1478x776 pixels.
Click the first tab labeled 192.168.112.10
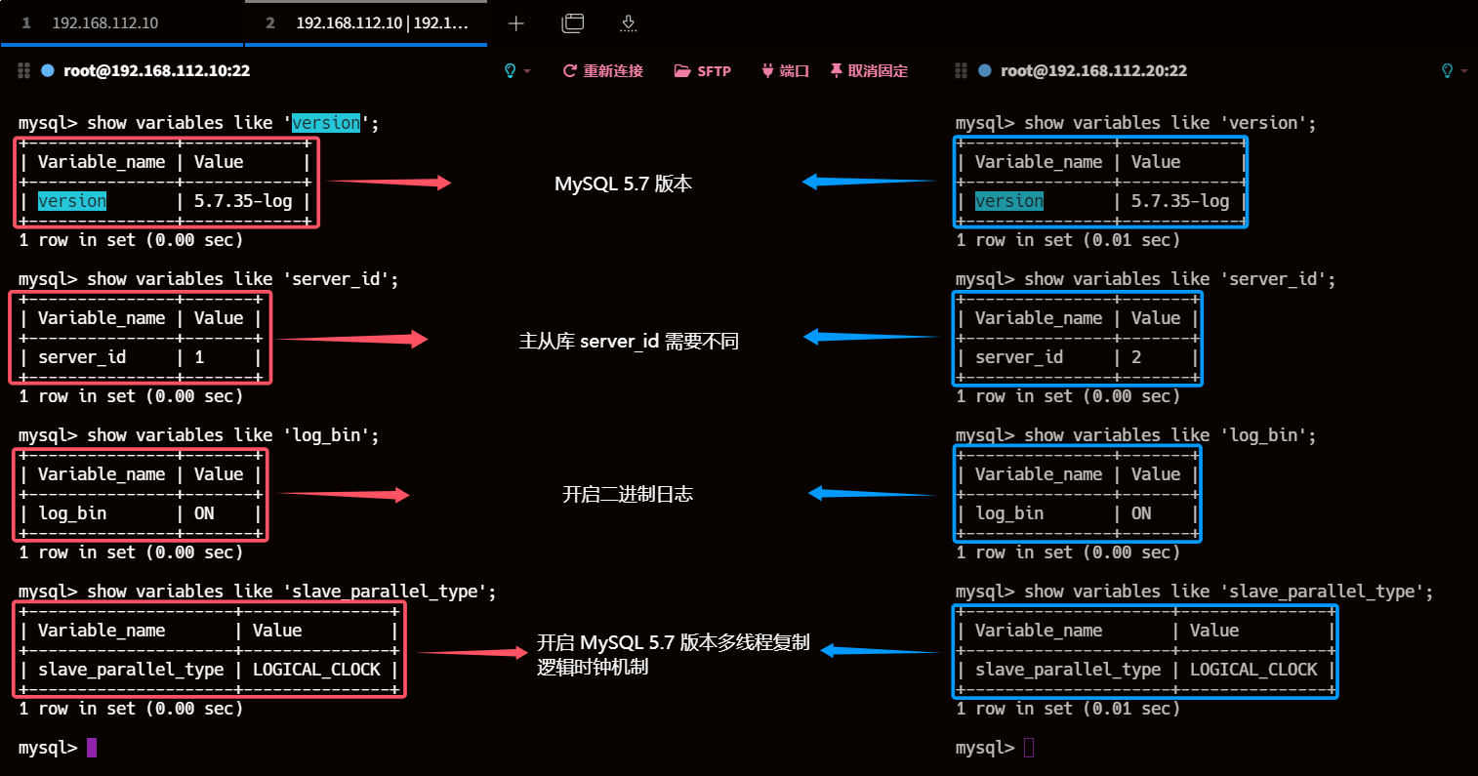click(104, 23)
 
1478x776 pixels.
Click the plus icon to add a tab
click(516, 23)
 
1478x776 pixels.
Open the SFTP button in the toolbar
click(703, 70)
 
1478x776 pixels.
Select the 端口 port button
click(785, 70)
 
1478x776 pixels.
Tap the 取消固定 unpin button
click(869, 70)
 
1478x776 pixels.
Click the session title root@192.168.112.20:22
click(1093, 70)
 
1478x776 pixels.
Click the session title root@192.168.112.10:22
click(156, 70)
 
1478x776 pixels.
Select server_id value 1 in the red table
click(199, 357)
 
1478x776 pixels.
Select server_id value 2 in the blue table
click(1136, 357)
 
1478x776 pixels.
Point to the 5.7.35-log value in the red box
click(243, 201)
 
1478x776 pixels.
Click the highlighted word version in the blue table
click(1008, 201)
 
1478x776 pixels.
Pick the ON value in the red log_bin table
click(204, 513)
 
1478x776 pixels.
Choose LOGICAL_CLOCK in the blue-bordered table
click(1253, 670)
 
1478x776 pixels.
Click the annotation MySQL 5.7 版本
click(623, 184)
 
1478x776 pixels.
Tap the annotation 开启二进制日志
click(628, 494)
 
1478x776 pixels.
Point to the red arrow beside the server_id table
click(351, 339)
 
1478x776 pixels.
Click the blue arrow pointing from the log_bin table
click(872, 494)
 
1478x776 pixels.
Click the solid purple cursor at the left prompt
click(92, 748)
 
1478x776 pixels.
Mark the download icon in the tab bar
click(628, 23)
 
